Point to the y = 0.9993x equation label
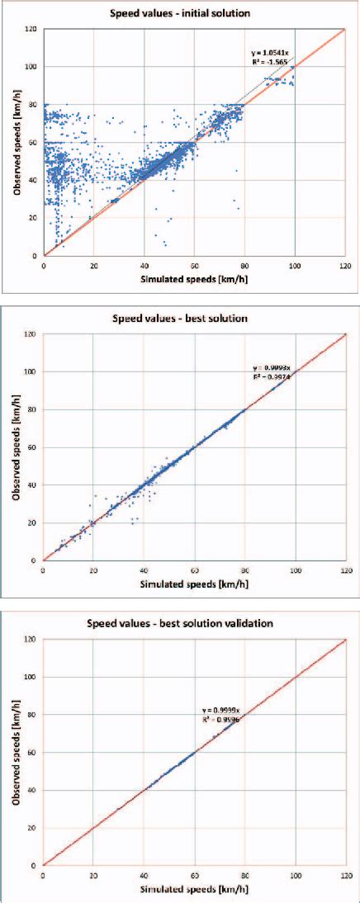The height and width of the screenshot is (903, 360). (x=272, y=367)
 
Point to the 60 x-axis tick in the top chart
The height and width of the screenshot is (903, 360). (x=195, y=265)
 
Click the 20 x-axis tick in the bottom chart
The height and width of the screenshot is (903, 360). (x=93, y=875)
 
